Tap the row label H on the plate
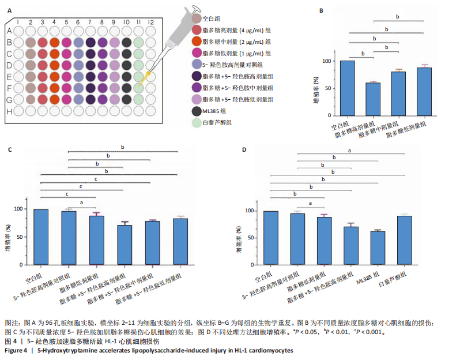point(9,111)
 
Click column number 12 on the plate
point(151,21)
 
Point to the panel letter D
point(244,150)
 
